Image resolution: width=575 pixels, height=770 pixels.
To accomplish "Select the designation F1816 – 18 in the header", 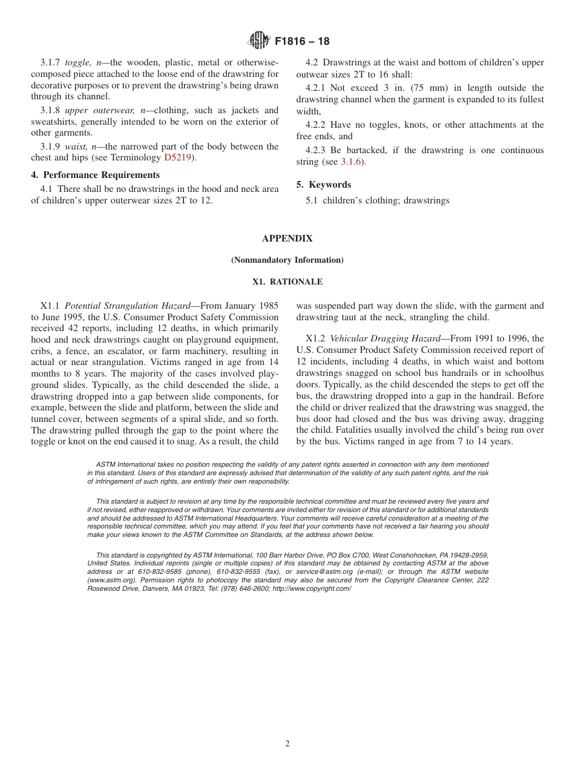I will coord(302,42).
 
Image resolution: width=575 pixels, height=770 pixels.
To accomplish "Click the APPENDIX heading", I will coord(287,239).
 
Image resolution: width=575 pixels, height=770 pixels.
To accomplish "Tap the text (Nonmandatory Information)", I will coord(287,260).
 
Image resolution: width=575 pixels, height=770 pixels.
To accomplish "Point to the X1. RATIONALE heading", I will coord(287,282).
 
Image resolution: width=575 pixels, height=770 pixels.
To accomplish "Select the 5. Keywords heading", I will coord(324,185).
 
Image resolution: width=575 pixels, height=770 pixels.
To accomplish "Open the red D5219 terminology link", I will coord(177,158).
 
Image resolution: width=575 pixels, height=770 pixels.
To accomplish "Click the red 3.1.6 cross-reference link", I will coord(350,162).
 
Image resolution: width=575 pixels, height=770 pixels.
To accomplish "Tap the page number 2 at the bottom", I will coord(287,744).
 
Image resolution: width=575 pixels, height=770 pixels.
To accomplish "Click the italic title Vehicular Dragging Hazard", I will coord(385,338).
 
